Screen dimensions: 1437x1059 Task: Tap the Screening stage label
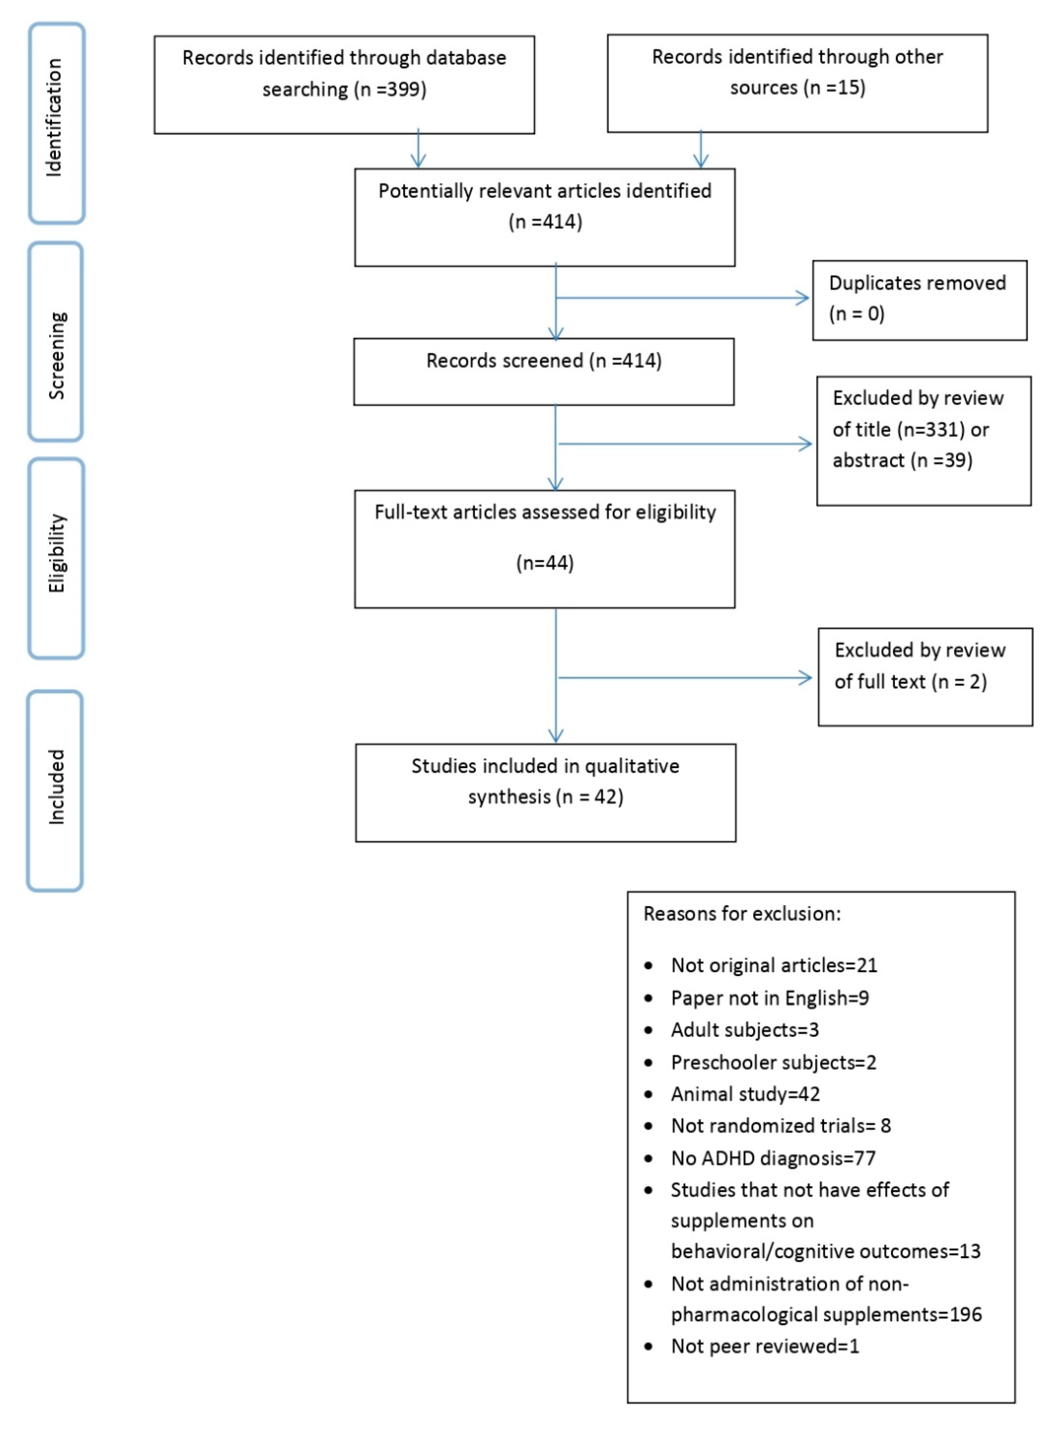[x=56, y=356]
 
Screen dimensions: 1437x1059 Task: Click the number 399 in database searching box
[x=401, y=89]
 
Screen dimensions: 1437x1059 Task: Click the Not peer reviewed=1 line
[x=765, y=1346]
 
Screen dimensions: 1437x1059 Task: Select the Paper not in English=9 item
[x=769, y=998]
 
